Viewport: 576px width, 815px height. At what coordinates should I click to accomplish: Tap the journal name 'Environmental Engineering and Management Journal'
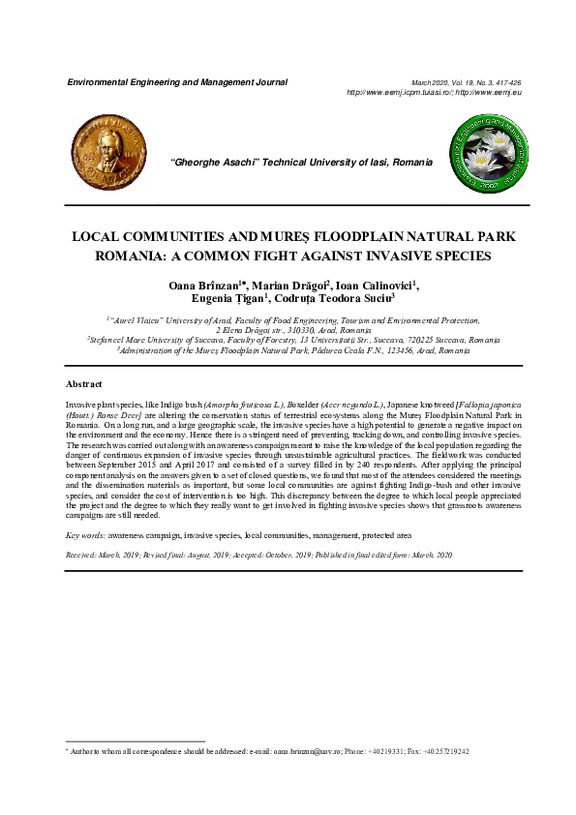(x=176, y=83)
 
